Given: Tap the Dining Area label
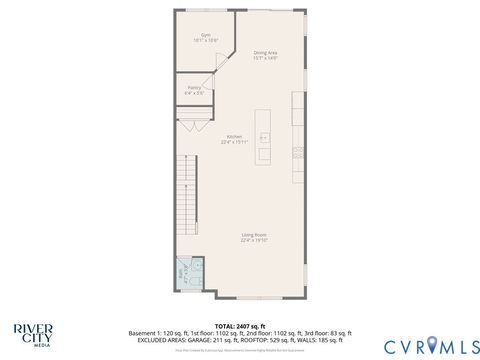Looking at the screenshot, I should tap(265, 54).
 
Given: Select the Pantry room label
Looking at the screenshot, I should tap(194, 88).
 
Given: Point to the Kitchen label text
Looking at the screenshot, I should tap(234, 137).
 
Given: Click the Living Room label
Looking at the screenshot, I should tap(252, 235).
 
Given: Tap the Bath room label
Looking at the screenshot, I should tap(182, 271).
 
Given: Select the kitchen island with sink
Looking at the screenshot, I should tap(264, 135).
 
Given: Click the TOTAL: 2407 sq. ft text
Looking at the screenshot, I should tap(240, 325).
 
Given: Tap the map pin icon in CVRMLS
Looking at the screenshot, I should tap(432, 344).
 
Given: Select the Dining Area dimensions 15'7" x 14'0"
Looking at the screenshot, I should tap(265, 59).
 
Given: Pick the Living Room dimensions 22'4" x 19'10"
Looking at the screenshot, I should tap(252, 241).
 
